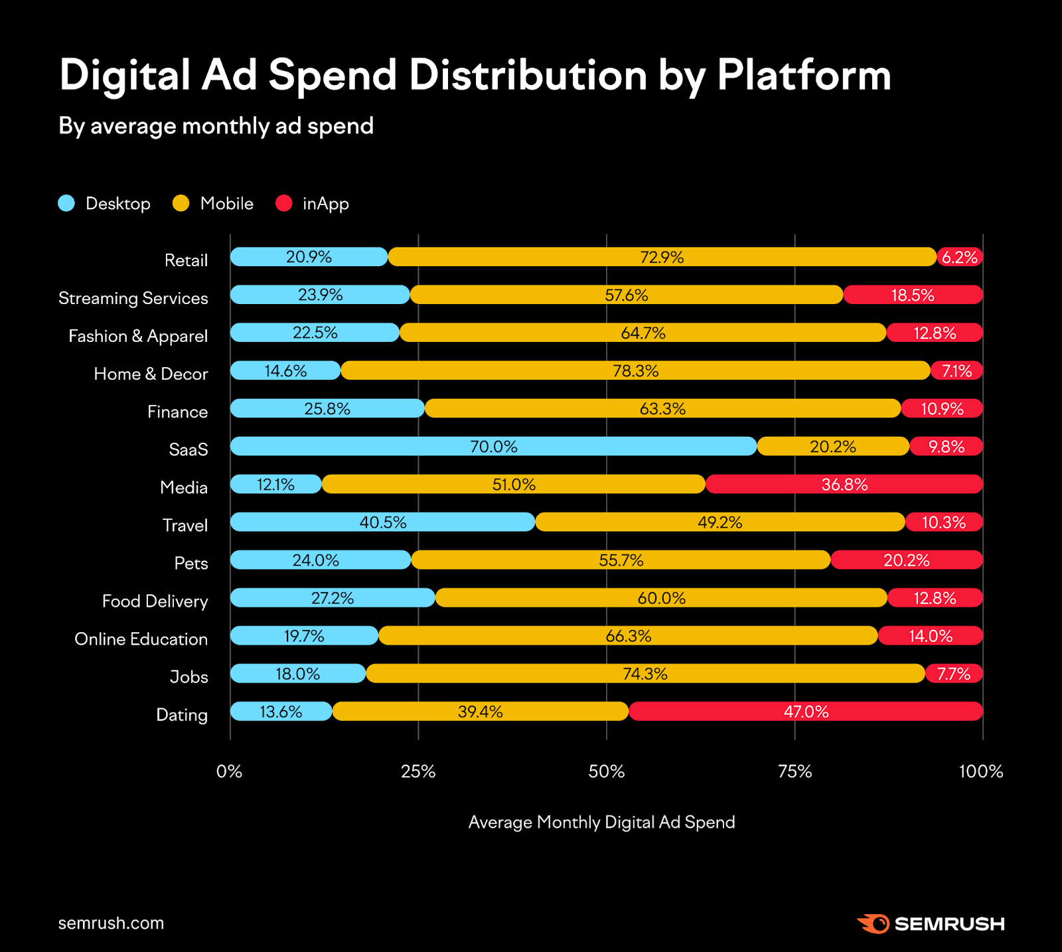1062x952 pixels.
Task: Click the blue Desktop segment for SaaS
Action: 493,446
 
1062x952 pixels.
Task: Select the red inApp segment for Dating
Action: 806,712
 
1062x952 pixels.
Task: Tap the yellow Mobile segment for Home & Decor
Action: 635,370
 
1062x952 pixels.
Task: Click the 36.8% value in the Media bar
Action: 844,485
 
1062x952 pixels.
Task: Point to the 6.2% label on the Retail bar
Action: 960,258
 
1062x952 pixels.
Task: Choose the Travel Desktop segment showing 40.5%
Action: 382,522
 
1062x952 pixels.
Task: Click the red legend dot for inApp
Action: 284,203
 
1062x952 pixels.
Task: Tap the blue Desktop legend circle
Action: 66,203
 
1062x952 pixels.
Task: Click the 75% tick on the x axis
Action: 795,771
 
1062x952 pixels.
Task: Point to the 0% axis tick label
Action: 230,771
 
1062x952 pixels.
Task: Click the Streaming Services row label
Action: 133,298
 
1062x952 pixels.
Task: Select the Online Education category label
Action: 141,639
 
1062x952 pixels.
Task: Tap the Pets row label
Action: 191,563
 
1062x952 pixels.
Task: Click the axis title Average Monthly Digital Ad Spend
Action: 601,822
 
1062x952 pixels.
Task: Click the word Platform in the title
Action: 804,75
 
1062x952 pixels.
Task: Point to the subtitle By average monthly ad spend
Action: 216,126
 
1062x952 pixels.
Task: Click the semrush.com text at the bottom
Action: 111,923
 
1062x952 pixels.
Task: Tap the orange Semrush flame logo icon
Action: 873,923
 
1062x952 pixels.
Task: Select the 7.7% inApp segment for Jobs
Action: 954,674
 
